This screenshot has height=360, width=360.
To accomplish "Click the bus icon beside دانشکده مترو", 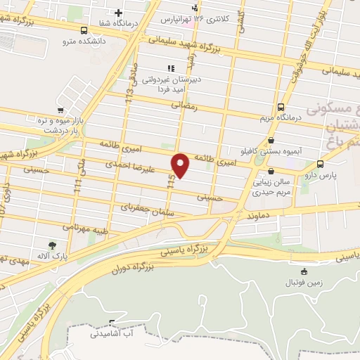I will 84,31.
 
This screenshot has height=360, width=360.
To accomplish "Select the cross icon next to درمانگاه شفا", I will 119,13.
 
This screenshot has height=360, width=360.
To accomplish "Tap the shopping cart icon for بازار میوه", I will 61,110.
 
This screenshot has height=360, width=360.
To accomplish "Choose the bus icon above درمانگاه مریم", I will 281,108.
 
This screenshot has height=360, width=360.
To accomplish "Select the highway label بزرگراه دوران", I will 132,266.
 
